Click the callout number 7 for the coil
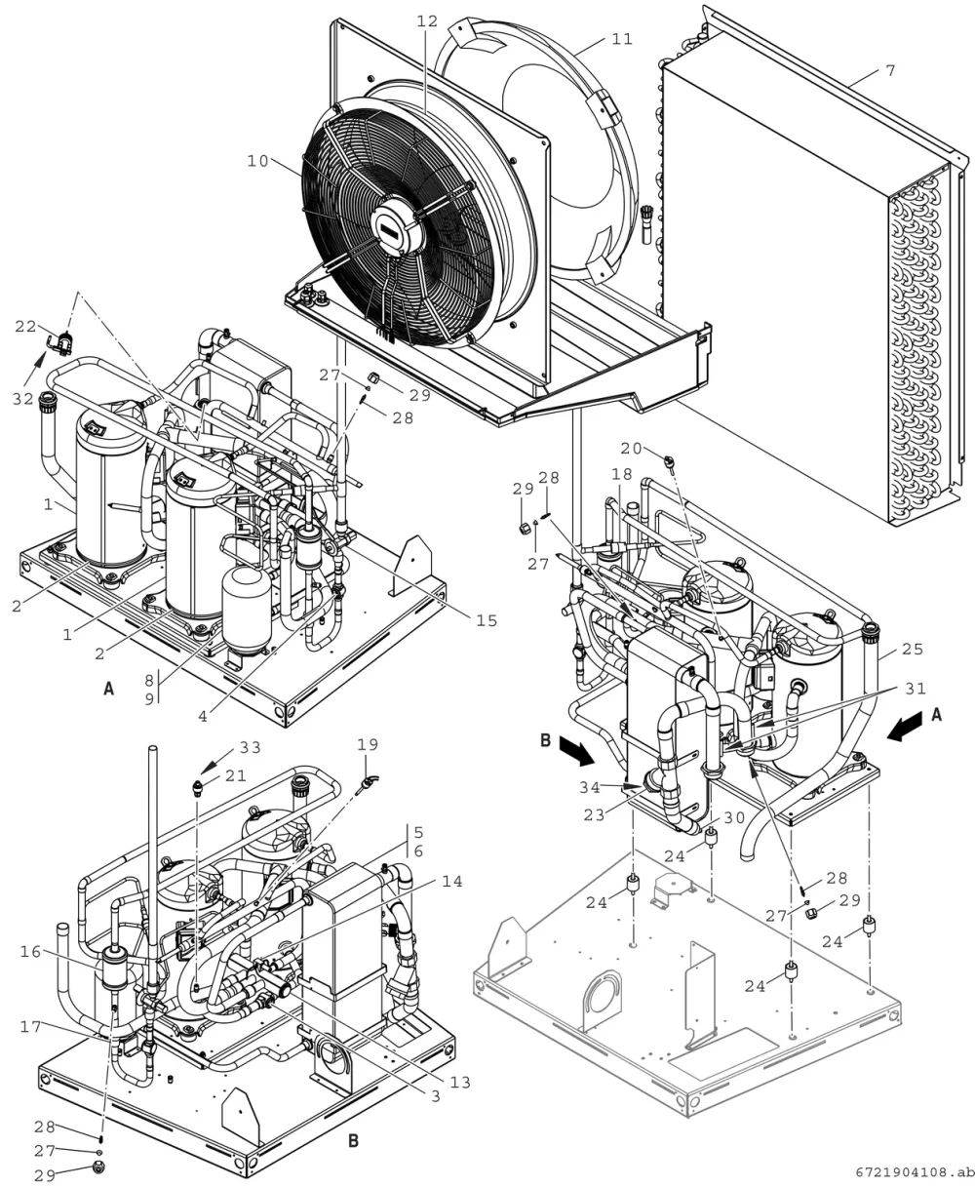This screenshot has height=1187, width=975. coord(890,71)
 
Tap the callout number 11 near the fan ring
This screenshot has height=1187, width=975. coord(622,39)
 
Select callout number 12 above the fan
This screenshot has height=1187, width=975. coord(427,21)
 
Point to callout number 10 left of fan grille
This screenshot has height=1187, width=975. coord(258,161)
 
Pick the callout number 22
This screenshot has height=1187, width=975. coord(25,327)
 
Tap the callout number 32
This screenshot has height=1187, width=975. coord(23,399)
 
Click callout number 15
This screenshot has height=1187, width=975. coord(487,620)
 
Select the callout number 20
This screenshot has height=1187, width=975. coord(631,449)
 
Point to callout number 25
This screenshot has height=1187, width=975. coord(913,650)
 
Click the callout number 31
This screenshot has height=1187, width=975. coord(916,689)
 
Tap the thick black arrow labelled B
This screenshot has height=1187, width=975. coord(576,753)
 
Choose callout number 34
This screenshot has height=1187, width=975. coord(590,787)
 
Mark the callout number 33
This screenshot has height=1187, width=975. coord(251,747)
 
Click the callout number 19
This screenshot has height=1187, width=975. coord(368,744)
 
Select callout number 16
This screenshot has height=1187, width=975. coord(31,952)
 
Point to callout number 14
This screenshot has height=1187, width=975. coord(452,882)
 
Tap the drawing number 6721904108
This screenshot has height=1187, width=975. coord(915,1173)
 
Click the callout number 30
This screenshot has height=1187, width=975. coord(734,817)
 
